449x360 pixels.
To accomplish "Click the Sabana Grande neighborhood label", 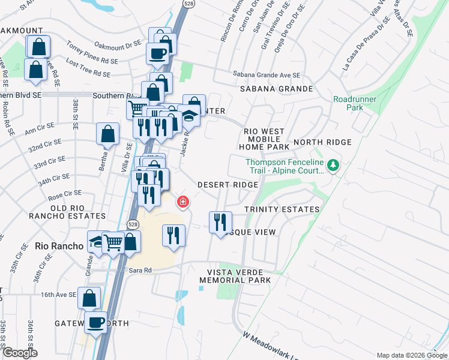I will (276, 89).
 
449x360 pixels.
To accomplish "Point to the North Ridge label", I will (322, 142).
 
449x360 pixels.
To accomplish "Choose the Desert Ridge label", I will (228, 185).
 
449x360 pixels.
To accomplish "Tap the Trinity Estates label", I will (282, 209).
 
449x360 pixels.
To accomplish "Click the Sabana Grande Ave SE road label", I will (266, 76).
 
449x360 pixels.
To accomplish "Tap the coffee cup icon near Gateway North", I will (95, 323).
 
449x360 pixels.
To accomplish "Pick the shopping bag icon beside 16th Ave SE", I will (89, 298).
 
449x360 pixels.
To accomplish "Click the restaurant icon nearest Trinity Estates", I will (220, 221).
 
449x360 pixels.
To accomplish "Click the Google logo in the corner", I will (20, 353).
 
